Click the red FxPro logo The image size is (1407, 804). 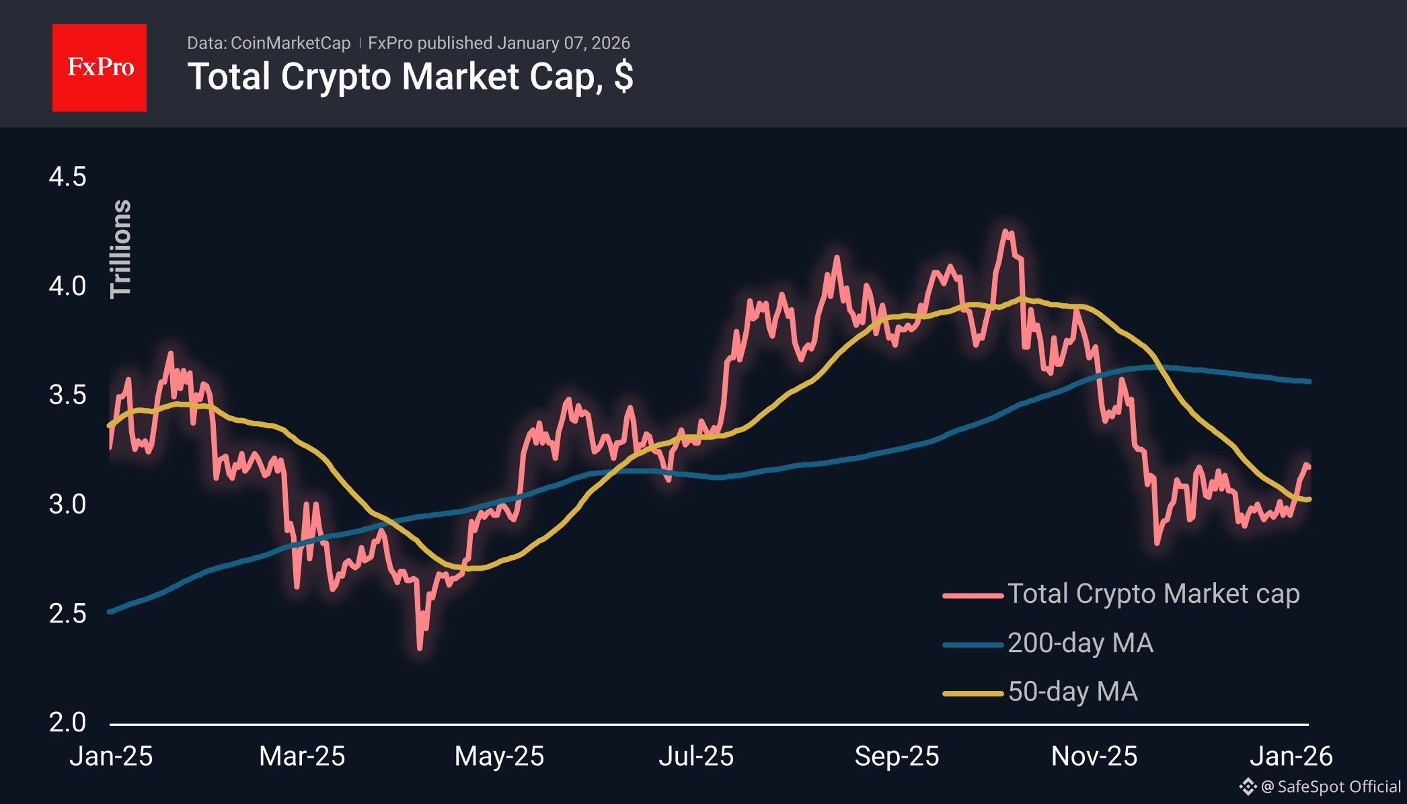100,67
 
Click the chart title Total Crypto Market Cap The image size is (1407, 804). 410,77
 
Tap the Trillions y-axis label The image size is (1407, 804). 121,249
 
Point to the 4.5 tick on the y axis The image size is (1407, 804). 67,177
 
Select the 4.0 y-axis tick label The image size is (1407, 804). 67,286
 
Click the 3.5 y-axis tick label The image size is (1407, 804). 67,395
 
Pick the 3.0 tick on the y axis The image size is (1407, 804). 67,504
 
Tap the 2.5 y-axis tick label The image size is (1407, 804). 67,613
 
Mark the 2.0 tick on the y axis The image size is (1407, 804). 67,722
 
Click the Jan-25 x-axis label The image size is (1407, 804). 111,756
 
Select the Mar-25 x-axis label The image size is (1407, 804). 302,756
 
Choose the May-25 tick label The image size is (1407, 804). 499,756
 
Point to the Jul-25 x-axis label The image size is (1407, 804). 696,756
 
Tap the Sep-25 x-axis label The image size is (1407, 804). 897,756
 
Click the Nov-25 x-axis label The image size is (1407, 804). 1094,756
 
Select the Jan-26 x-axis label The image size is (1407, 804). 1291,756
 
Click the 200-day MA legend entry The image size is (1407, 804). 1080,643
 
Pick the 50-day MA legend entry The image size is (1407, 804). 1073,692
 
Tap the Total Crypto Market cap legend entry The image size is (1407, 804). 1153,594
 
